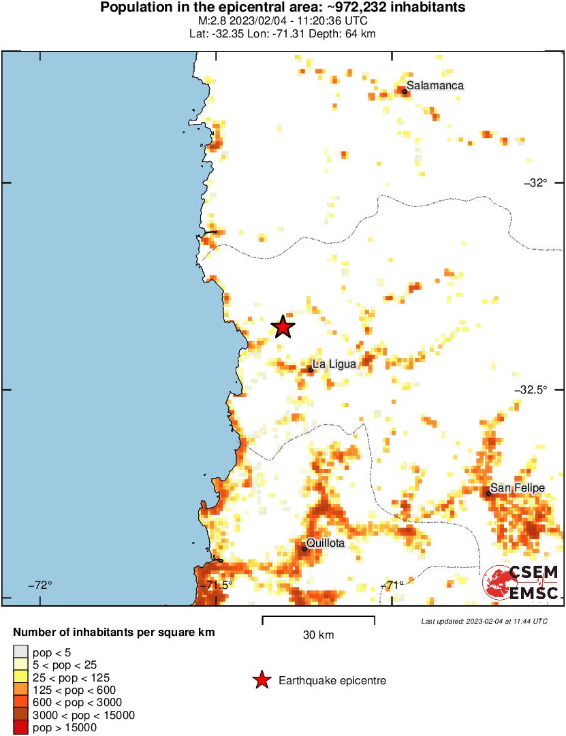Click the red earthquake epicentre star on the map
click(x=283, y=327)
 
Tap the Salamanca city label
click(x=435, y=86)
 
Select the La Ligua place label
click(x=334, y=365)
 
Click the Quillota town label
click(x=326, y=543)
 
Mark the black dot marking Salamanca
click(x=404, y=91)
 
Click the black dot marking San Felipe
click(x=488, y=492)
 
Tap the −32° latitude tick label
click(x=535, y=182)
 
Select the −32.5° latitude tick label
click(x=531, y=390)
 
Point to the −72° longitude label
click(x=40, y=585)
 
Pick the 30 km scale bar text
click(x=318, y=635)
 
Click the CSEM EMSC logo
click(x=521, y=583)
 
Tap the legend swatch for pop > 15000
click(x=21, y=728)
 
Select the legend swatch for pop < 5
click(x=21, y=652)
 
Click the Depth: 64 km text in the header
click(x=345, y=33)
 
